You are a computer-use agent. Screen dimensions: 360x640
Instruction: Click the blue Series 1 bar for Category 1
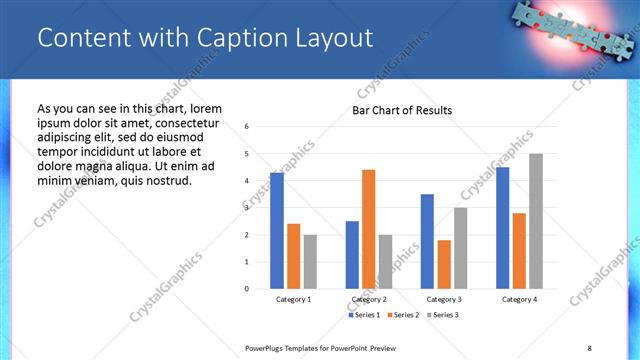coord(277,231)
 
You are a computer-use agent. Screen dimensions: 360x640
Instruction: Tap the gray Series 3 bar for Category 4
coord(536,221)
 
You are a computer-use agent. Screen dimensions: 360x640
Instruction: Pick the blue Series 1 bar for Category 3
coord(427,241)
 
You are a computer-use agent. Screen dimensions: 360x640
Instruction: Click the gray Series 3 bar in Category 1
coord(310,261)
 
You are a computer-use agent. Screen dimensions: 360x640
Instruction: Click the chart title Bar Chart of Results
coord(402,110)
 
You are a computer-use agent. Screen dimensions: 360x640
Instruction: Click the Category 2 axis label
coord(369,299)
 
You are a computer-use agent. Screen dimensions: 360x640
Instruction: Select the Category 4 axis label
coord(519,299)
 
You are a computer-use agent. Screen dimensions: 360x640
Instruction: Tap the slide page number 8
coord(589,347)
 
